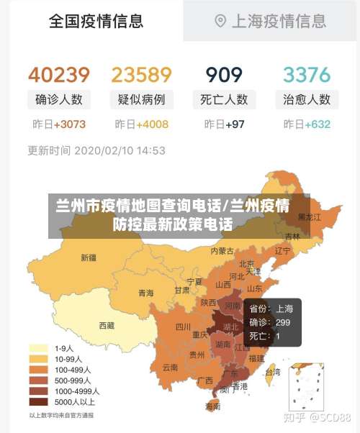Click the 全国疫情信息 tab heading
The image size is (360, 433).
(x=96, y=21)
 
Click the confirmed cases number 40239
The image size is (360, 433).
(x=59, y=75)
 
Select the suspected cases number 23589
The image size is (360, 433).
(x=141, y=75)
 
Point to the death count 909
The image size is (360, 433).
(x=224, y=75)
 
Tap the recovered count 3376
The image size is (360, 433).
(x=306, y=75)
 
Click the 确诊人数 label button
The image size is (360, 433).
(x=59, y=99)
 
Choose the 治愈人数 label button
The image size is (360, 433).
(x=307, y=99)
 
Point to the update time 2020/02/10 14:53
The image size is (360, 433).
(x=120, y=151)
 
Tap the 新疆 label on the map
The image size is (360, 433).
(x=88, y=257)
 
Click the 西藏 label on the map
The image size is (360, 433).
(x=107, y=325)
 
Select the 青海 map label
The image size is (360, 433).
(x=145, y=293)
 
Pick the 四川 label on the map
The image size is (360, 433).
(x=182, y=326)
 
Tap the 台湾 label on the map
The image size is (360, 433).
(x=272, y=372)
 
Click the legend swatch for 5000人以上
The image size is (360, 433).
(x=37, y=401)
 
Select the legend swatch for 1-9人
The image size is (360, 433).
(x=37, y=347)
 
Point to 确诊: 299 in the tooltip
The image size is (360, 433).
(x=269, y=322)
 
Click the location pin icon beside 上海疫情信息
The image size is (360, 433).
(x=220, y=21)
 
